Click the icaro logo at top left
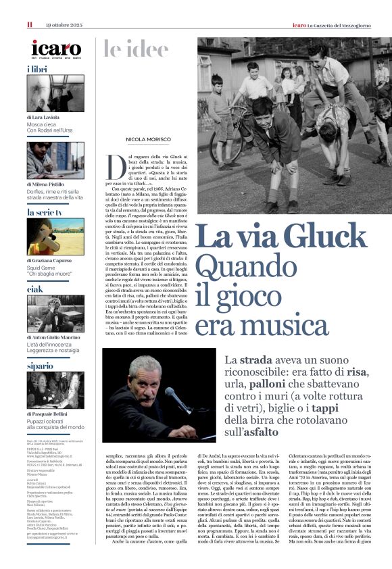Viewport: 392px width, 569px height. tap(56, 48)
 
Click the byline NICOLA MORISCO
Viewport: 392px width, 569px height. tap(148, 140)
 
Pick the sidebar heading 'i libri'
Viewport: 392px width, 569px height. tap(37, 70)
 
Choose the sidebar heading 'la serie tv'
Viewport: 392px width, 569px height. tap(45, 212)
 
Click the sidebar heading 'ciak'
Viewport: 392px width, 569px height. tap(35, 289)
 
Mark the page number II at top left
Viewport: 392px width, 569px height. tap(30, 25)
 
